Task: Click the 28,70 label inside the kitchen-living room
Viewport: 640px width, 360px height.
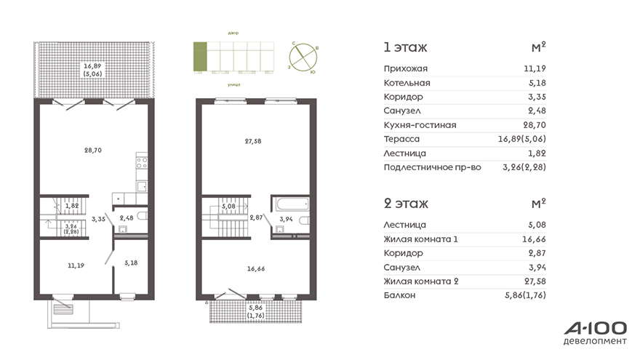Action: point(93,151)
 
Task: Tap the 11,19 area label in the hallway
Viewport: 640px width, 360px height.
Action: point(76,265)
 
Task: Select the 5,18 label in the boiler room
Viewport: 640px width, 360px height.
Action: point(131,263)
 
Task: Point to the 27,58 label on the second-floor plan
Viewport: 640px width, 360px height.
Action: point(253,141)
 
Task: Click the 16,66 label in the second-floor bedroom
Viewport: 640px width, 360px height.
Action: point(256,268)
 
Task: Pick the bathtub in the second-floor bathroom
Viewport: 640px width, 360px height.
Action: point(292,204)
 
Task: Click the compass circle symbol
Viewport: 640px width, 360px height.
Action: point(303,58)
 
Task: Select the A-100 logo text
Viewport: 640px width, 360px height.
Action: point(596,328)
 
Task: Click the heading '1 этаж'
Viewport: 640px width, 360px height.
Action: point(405,47)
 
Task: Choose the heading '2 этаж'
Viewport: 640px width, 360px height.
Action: point(406,203)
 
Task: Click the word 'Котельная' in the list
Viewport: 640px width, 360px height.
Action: point(407,83)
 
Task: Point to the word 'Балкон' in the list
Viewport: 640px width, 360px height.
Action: point(399,295)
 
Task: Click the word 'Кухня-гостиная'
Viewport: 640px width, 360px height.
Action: point(420,125)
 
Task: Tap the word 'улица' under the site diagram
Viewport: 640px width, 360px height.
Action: point(234,84)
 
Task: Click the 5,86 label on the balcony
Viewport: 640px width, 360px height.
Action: point(255,308)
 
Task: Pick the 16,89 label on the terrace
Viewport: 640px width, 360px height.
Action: point(92,66)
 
